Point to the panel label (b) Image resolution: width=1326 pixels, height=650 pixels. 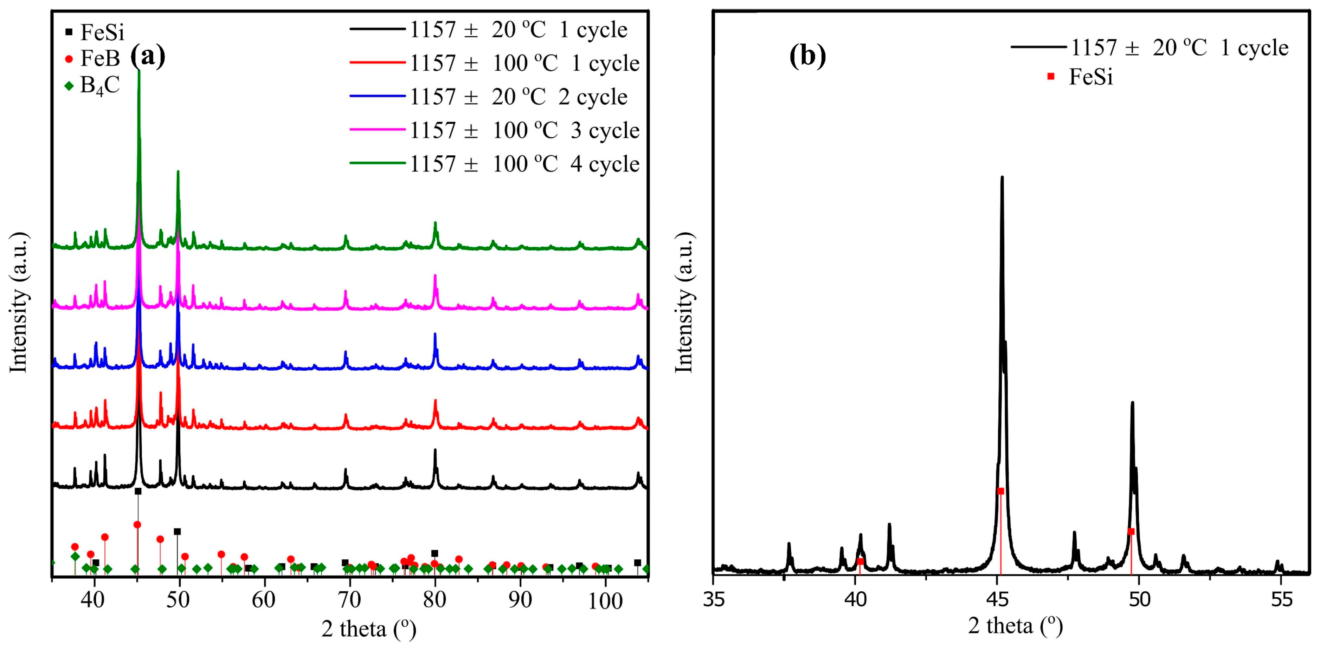coord(807,55)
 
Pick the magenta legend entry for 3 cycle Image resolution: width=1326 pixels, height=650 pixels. coord(494,130)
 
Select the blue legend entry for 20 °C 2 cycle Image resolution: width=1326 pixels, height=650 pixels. coord(494,97)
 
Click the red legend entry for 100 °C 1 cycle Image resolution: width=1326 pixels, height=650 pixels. coord(494,63)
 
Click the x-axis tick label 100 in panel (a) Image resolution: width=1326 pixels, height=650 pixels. coord(605,600)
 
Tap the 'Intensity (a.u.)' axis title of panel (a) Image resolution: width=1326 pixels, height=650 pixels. coord(19,303)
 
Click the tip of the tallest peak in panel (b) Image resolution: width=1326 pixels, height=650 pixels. coord(1002,177)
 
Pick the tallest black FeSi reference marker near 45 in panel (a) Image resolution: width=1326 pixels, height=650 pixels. coord(138,491)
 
